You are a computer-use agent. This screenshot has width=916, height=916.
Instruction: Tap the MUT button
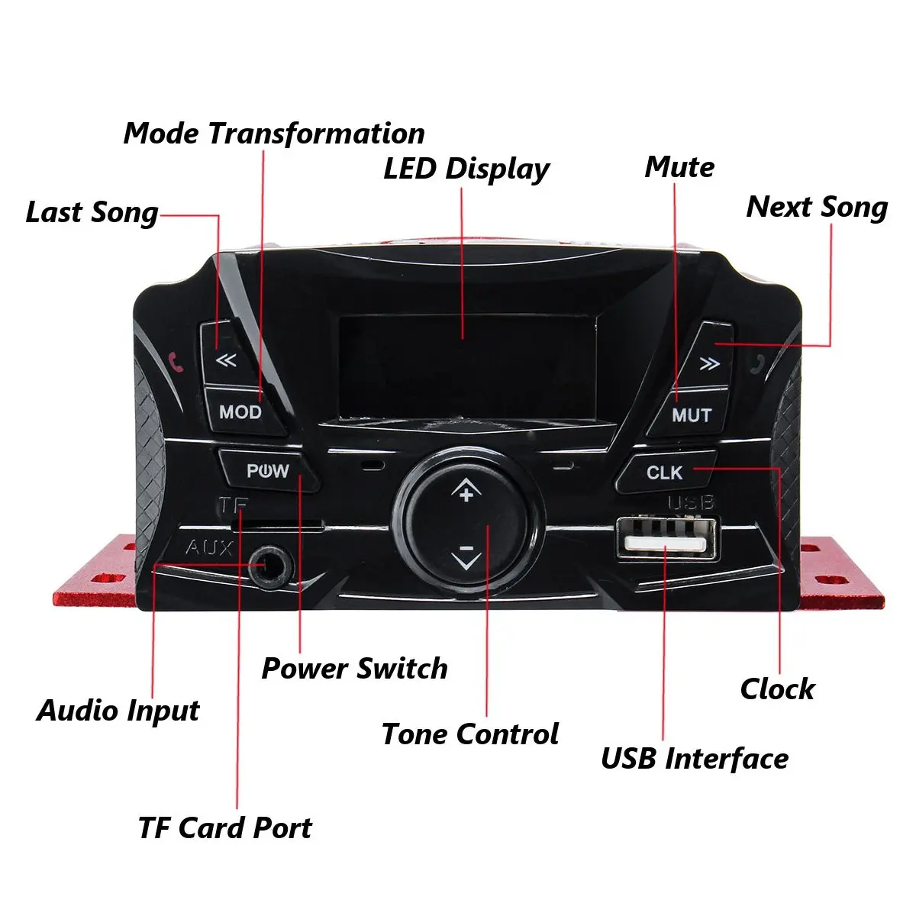point(691,415)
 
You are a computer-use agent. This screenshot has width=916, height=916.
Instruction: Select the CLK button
point(665,473)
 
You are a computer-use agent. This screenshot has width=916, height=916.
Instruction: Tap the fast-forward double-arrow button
point(709,363)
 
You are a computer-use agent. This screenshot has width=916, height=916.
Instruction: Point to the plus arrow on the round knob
point(466,491)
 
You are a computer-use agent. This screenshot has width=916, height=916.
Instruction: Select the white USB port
point(666,541)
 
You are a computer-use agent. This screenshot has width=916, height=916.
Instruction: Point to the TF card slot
point(276,526)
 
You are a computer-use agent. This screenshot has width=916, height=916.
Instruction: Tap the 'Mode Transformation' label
point(274,134)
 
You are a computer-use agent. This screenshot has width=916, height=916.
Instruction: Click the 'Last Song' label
point(92,213)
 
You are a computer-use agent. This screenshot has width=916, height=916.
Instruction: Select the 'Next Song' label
point(817,207)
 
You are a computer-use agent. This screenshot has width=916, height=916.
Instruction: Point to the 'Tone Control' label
point(470,734)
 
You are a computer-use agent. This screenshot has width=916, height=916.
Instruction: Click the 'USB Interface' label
point(695,759)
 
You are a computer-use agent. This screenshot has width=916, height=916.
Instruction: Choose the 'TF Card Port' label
point(225,828)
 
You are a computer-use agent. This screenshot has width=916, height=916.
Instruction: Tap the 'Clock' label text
point(777,689)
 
